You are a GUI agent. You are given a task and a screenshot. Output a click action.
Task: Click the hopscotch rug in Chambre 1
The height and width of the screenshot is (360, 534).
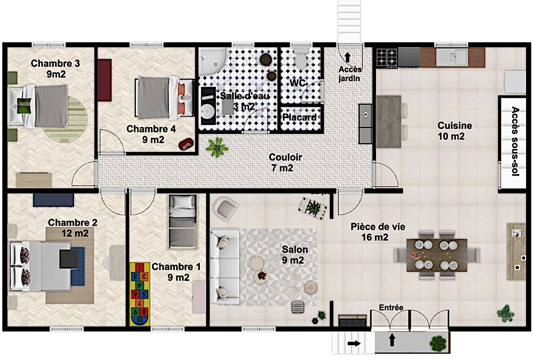[140, 294]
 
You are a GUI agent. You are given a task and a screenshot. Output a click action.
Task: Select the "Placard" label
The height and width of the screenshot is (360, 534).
[299, 118]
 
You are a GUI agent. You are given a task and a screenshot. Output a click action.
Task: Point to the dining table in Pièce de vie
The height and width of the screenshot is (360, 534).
[437, 255]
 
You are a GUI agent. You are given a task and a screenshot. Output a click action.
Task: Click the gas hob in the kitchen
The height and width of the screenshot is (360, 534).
[387, 57]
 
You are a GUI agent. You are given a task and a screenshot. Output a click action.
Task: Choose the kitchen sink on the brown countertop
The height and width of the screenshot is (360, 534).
[452, 57]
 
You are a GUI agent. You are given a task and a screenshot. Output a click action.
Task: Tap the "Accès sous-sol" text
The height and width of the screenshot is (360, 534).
[515, 141]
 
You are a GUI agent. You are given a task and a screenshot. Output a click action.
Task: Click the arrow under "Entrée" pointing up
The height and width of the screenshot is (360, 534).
[392, 339]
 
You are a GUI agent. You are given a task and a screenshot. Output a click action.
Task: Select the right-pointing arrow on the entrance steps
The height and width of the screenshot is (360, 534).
[354, 343]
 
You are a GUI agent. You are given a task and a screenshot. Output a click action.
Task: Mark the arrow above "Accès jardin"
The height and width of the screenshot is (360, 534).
[347, 57]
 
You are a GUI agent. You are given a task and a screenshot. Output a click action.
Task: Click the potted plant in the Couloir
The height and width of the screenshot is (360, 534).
[217, 148]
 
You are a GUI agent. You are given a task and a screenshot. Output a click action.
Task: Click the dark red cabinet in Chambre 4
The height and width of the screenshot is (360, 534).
[104, 80]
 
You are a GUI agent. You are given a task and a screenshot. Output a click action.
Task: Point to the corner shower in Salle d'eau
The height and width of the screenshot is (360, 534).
[212, 61]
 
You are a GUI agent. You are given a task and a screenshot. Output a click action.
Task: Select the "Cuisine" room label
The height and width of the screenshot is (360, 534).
[455, 125]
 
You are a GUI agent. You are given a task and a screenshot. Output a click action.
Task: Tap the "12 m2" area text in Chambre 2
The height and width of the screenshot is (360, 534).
[75, 234]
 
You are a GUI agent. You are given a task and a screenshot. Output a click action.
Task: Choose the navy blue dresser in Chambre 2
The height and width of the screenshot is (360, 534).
[54, 200]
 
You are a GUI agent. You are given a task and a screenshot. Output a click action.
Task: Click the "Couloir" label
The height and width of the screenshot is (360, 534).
[285, 157]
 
